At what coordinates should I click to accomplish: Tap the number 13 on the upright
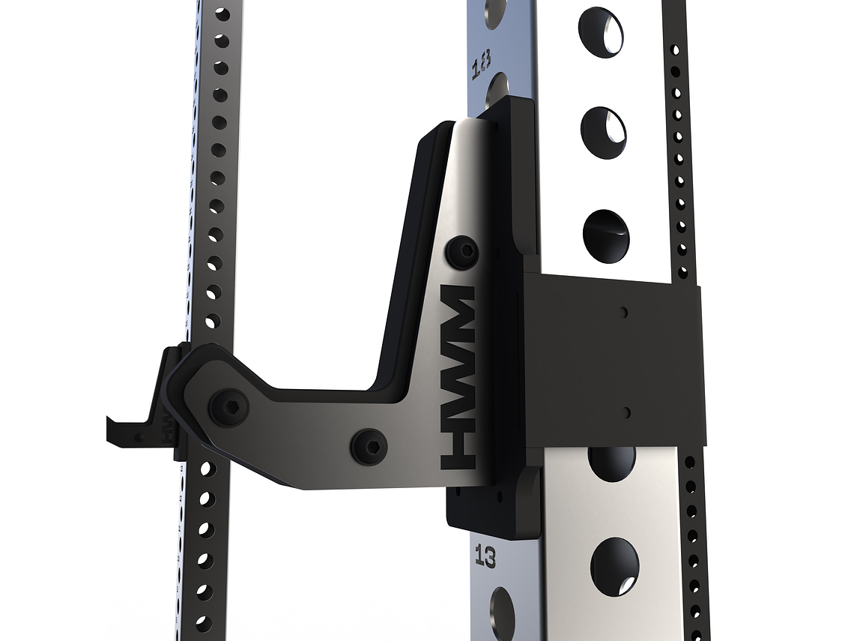485,557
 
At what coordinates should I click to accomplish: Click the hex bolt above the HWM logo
461,252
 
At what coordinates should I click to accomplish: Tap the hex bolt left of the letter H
369,446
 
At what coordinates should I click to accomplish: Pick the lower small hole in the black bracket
626,412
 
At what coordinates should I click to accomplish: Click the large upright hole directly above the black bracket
606,235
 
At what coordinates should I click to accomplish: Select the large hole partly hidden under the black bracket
611,462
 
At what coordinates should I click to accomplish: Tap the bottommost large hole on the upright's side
614,566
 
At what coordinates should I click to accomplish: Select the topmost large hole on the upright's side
601,31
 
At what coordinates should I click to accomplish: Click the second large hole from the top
603,133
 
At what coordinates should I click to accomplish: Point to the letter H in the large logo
458,450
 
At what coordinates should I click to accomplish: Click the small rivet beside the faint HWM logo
139,435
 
